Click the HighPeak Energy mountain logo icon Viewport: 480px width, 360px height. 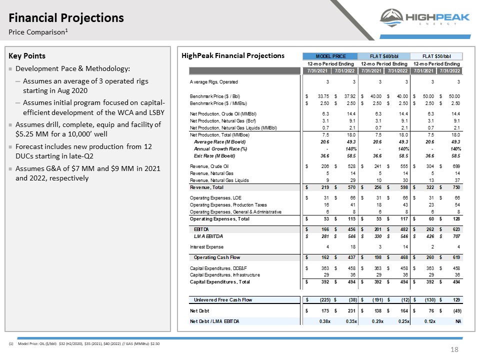click(391, 18)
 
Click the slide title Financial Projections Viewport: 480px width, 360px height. click(66, 18)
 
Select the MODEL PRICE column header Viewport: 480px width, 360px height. click(330, 56)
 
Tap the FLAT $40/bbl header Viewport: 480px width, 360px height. click(384, 56)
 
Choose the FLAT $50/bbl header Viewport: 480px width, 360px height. click(436, 56)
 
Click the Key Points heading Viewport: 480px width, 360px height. click(27, 55)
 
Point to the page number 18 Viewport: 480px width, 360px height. click(454, 349)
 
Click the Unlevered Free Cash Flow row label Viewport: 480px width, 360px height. click(223, 300)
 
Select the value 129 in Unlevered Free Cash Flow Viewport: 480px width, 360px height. click(456, 300)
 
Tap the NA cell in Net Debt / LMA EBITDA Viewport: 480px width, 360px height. click(458, 321)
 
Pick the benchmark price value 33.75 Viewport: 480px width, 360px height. click(323, 96)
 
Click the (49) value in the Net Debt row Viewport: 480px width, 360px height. click(457, 310)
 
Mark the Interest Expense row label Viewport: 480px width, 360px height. click(206, 246)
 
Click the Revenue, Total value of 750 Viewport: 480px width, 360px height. click(456, 187)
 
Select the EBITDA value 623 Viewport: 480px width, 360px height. click(456, 229)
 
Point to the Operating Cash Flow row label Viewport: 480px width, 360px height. click(216, 257)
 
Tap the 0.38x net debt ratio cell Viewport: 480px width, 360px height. click(325, 321)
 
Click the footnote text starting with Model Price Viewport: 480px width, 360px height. click(89, 344)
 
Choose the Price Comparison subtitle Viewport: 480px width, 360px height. click(38, 32)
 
